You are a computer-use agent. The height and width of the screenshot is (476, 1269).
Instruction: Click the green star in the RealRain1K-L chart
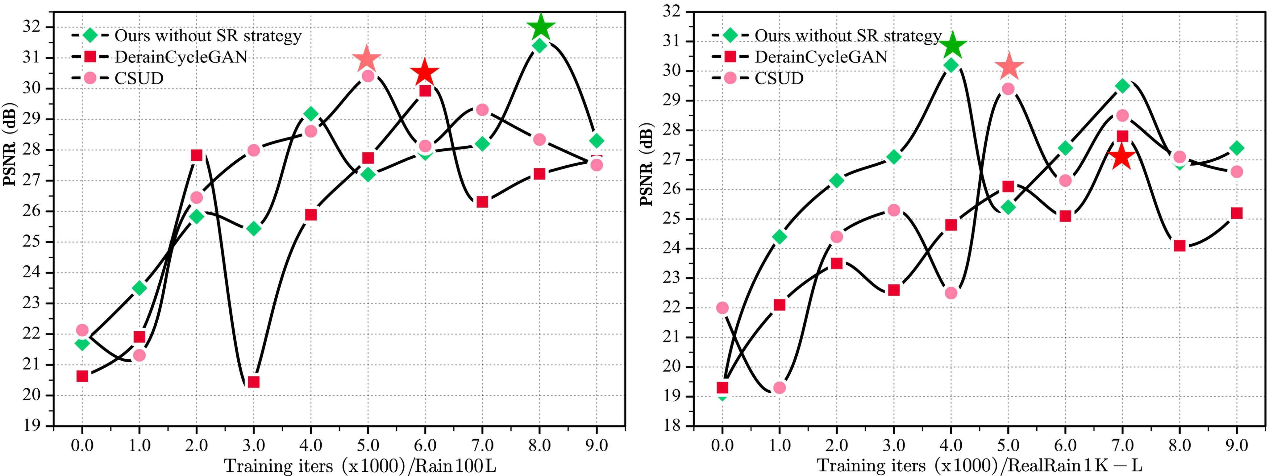(x=952, y=45)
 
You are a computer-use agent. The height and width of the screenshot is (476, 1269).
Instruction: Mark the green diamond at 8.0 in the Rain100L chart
(x=539, y=45)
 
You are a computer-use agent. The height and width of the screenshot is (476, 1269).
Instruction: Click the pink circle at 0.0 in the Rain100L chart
(x=82, y=330)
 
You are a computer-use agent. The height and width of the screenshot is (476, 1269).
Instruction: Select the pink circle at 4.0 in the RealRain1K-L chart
(x=951, y=293)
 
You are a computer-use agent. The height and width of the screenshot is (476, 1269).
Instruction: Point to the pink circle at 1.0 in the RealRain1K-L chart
(x=779, y=388)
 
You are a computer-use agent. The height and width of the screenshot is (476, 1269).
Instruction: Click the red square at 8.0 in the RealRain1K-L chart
(x=1179, y=246)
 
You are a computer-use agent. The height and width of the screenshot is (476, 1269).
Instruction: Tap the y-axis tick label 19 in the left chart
(x=31, y=425)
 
